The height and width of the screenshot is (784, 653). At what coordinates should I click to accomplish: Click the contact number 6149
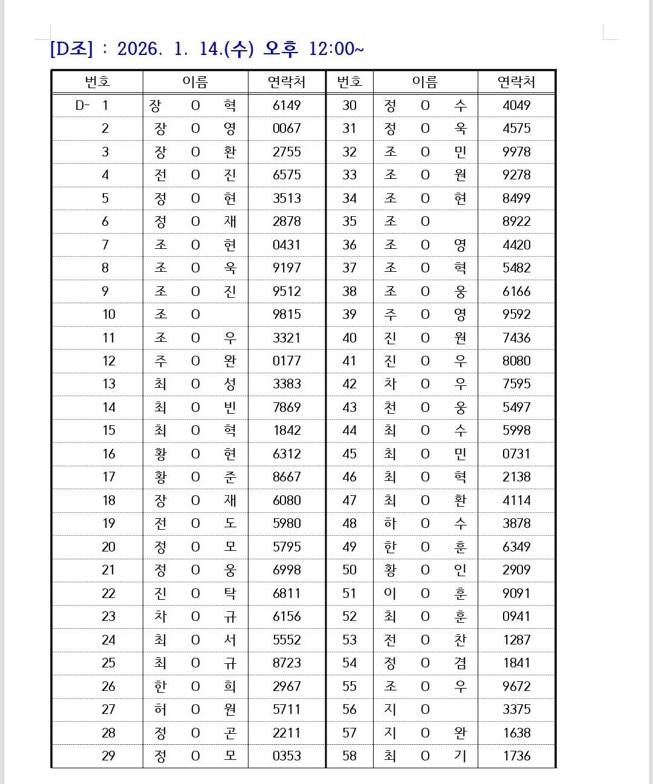287,105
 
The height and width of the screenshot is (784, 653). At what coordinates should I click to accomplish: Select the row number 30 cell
349,105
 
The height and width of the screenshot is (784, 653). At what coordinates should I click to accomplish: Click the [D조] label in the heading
71,49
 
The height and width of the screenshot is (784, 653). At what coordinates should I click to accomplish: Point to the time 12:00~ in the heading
336,49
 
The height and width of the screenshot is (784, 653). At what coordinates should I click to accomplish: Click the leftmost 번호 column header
97,82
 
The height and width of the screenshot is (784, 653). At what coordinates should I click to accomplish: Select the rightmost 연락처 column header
516,82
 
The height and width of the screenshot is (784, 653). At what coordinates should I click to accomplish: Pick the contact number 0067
287,129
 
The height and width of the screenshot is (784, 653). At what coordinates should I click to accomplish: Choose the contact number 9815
287,315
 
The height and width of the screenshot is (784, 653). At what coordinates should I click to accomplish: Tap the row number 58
349,756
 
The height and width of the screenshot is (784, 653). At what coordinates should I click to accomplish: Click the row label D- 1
92,105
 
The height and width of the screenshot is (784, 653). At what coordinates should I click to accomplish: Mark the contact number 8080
516,361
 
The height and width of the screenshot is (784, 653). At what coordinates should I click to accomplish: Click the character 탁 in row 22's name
230,594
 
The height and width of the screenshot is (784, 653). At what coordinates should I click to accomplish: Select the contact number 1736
516,756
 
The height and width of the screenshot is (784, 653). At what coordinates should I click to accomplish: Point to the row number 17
109,477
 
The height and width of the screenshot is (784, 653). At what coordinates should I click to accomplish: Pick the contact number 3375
516,710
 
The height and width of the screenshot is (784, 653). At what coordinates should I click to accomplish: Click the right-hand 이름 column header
425,82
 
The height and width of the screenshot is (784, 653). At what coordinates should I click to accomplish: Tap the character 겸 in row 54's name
461,663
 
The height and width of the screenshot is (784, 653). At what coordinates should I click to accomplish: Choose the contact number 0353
287,756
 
